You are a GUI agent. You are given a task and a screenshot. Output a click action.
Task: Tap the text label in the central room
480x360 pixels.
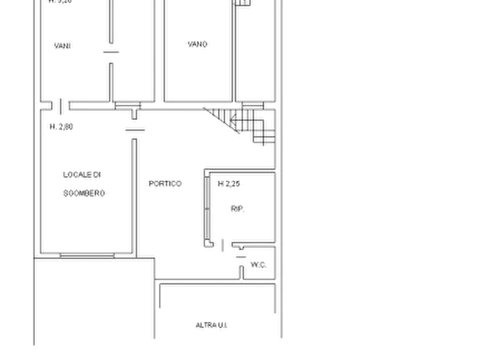165,185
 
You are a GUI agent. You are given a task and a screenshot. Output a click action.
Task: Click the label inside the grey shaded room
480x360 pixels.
197,45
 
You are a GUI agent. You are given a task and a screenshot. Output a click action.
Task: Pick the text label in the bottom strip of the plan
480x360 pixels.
212,325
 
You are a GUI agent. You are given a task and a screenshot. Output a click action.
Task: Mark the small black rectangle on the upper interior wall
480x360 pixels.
112,51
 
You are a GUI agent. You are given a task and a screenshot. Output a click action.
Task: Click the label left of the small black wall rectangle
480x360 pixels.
63,46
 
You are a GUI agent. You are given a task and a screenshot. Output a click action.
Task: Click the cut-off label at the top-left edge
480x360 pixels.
60,3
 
